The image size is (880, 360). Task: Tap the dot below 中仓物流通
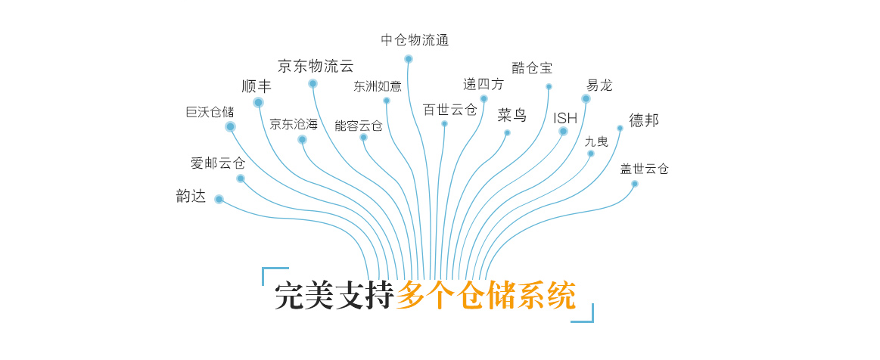pyautogui.click(x=409, y=59)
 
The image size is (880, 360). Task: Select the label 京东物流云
pyautogui.click(x=316, y=66)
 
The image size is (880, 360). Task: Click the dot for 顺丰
pyautogui.click(x=259, y=102)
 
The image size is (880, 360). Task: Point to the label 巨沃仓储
pyautogui.click(x=210, y=112)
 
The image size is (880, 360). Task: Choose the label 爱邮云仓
pyautogui.click(x=218, y=163)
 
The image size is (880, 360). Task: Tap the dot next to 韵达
pyautogui.click(x=219, y=200)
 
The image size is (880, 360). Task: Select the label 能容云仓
pyautogui.click(x=359, y=126)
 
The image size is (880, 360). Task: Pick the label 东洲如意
pyautogui.click(x=378, y=86)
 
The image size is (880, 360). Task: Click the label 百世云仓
pyautogui.click(x=450, y=110)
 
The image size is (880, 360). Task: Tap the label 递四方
pyautogui.click(x=484, y=84)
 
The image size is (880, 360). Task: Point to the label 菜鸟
pyautogui.click(x=512, y=116)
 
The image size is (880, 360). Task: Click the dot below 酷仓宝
pyautogui.click(x=549, y=87)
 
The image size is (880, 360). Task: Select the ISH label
pyautogui.click(x=565, y=118)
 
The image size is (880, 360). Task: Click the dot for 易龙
pyautogui.click(x=586, y=99)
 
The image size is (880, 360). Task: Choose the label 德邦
pyautogui.click(x=644, y=120)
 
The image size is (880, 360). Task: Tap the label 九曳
pyautogui.click(x=596, y=141)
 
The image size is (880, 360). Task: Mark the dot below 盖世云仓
pyautogui.click(x=635, y=184)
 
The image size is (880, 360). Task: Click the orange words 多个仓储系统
pyautogui.click(x=486, y=296)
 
